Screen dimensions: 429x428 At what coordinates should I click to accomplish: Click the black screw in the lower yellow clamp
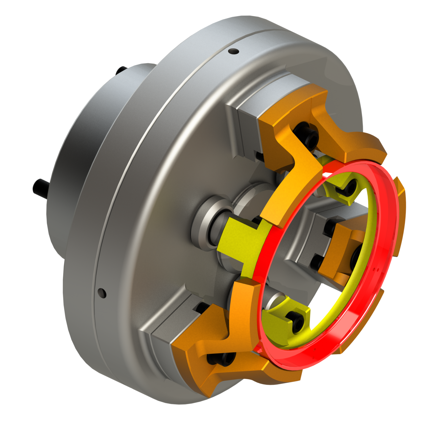coord(298,322)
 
